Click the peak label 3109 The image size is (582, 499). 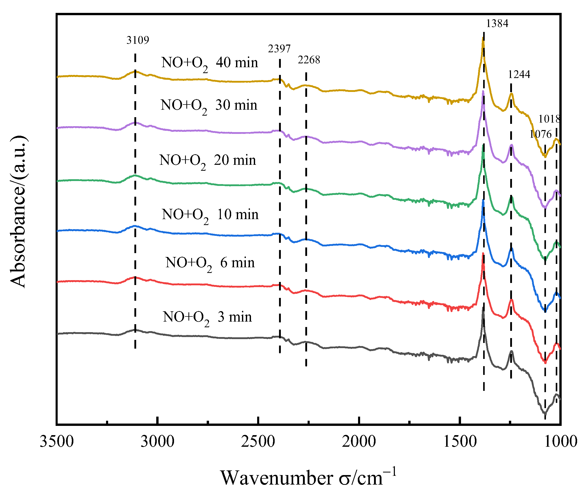(138, 40)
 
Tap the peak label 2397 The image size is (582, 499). (279, 49)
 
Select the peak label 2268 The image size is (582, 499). (309, 60)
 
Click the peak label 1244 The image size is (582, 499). (519, 74)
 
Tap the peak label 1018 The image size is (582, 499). (549, 119)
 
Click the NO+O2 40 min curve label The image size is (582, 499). (210, 63)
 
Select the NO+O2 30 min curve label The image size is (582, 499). (209, 106)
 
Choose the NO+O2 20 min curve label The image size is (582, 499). (207, 161)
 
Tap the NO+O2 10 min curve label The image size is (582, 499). (210, 215)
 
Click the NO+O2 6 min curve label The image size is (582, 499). (210, 263)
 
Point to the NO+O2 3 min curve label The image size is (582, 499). (207, 317)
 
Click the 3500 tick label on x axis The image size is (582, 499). (57, 441)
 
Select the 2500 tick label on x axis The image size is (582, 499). (258, 441)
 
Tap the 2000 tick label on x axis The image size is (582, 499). (359, 441)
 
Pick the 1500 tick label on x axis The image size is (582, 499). (459, 441)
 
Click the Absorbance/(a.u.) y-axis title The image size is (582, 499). (18, 212)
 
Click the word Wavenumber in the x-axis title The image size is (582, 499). (277, 478)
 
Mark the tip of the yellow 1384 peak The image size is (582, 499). (483, 38)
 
